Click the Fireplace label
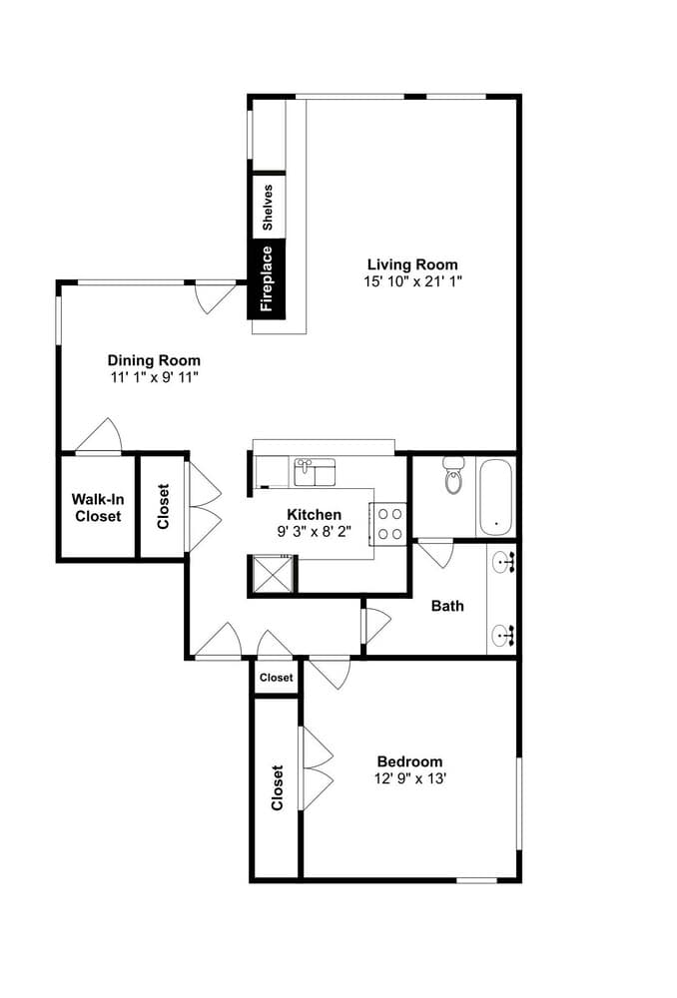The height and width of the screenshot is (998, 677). (267, 278)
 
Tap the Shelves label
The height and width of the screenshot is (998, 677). (267, 207)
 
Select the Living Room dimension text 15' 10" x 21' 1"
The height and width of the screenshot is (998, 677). (412, 281)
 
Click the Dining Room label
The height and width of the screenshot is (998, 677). (154, 360)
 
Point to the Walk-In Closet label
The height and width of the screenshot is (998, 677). (96, 507)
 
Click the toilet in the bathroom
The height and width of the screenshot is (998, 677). (454, 478)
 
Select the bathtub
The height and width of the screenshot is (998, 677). (495, 497)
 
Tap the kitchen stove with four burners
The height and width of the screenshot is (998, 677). (389, 524)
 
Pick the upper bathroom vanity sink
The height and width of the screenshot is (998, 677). (504, 565)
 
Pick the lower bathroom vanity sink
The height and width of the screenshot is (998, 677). (504, 632)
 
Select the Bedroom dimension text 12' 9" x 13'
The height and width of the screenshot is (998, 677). (409, 779)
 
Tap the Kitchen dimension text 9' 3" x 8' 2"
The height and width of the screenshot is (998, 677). (314, 532)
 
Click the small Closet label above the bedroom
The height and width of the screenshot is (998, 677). (276, 678)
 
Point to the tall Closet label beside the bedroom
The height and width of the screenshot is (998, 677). (277, 787)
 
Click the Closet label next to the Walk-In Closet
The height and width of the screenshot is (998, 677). (163, 506)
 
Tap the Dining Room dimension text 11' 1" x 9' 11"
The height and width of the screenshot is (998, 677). (154, 378)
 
